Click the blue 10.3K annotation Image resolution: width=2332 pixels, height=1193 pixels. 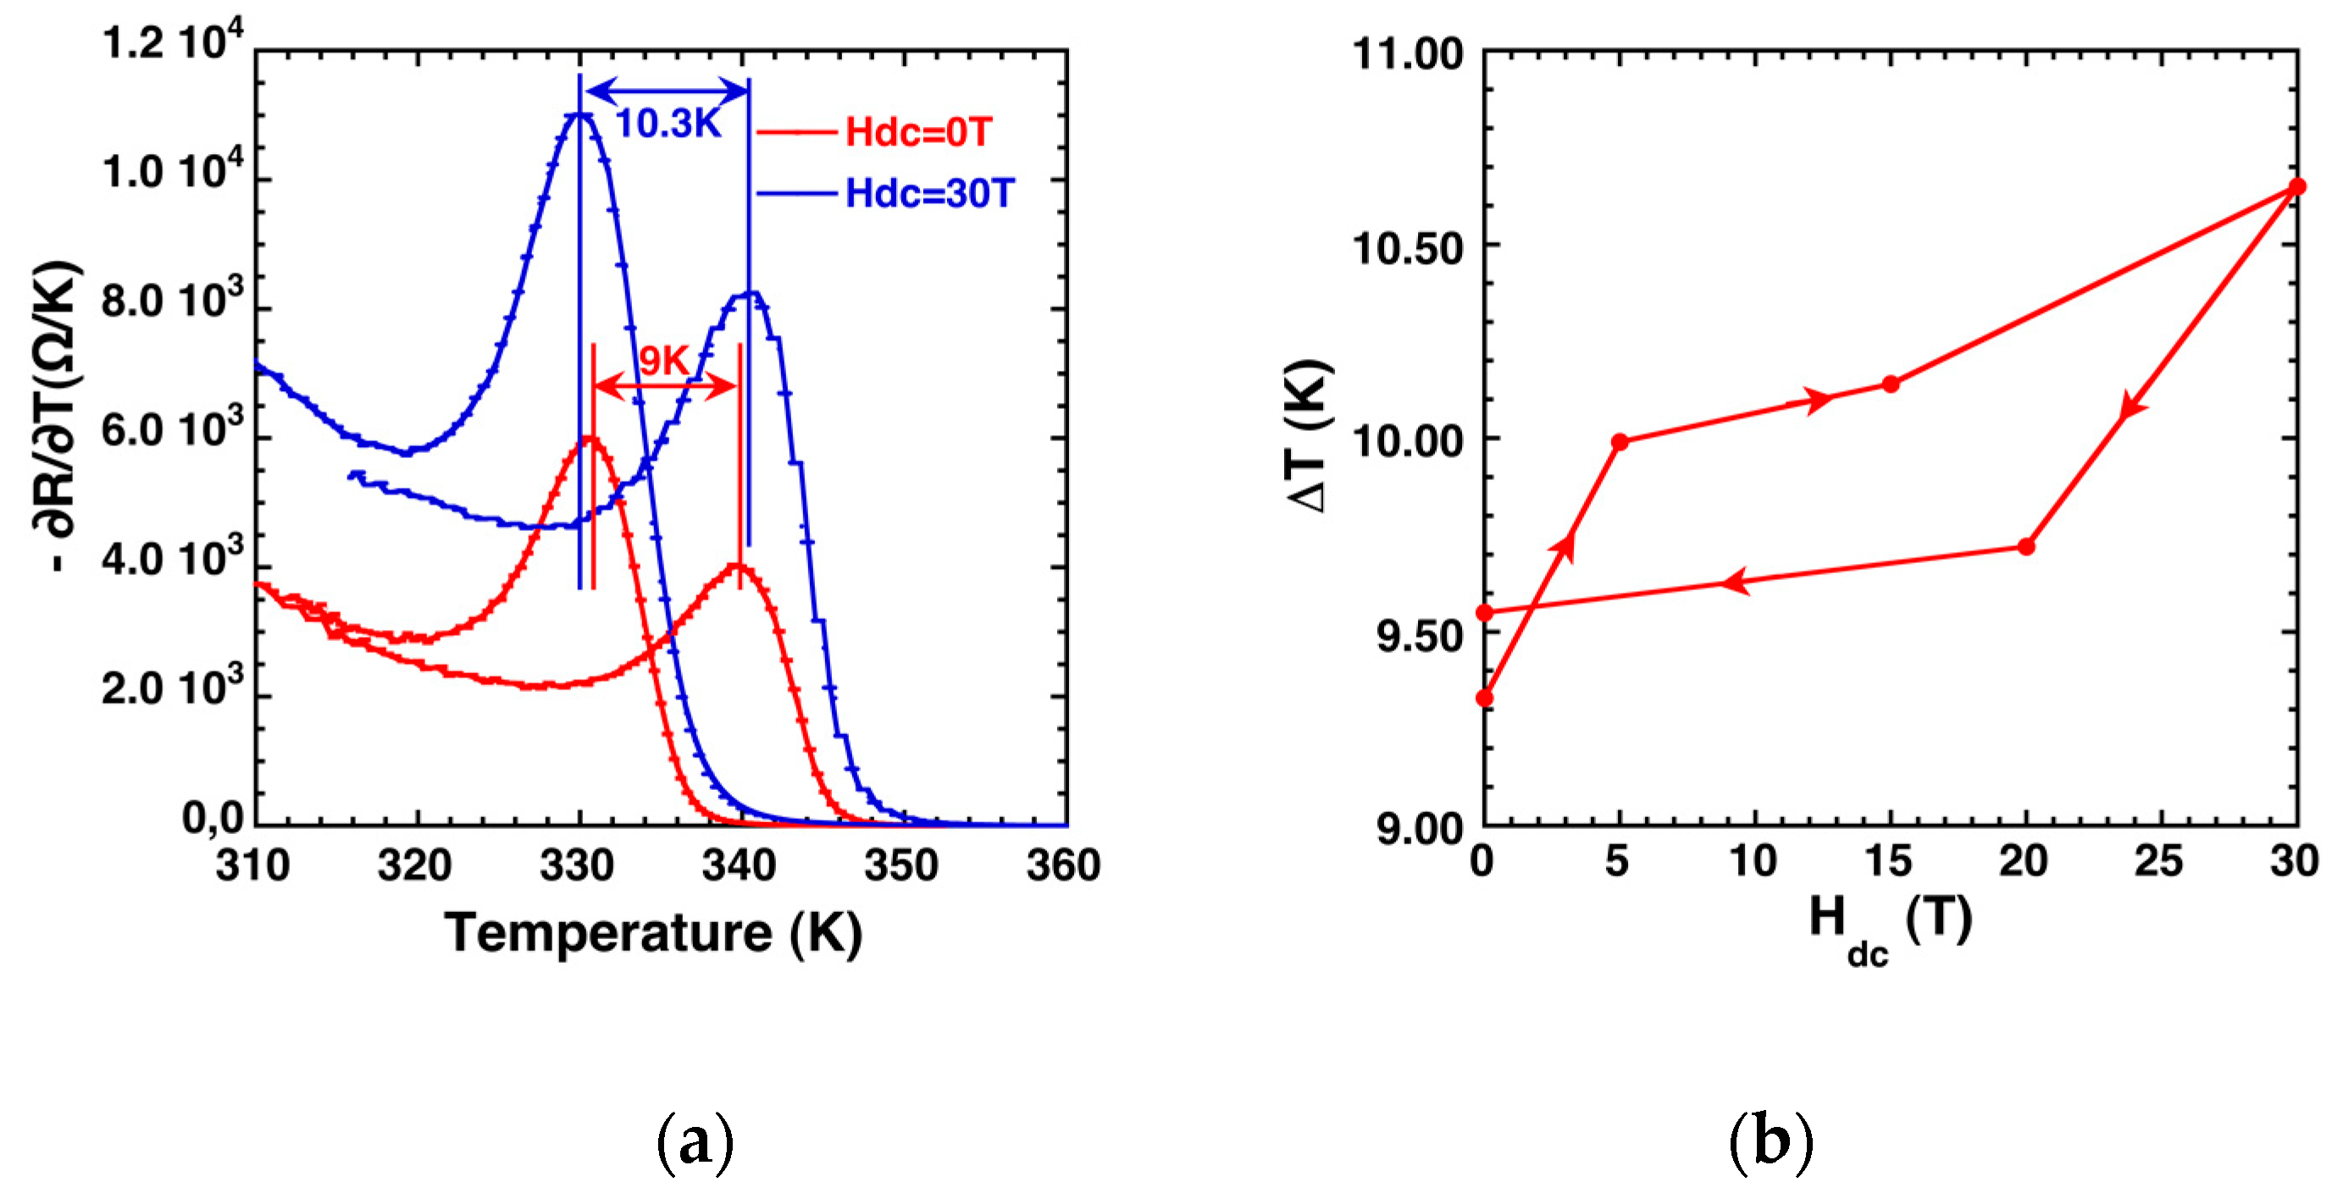coord(668,123)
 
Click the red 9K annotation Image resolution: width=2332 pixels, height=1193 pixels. coord(663,362)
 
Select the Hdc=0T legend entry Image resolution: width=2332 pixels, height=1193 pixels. coord(917,133)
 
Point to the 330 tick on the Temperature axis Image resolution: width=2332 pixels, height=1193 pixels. coord(578,865)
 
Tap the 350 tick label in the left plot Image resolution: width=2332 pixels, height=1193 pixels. coord(900,865)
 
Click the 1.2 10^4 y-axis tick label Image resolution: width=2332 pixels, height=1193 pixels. coord(172,42)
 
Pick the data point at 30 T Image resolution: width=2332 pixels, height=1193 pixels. coord(2296,187)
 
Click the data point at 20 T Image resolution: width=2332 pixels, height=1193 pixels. coord(2027,547)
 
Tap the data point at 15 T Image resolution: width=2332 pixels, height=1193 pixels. coord(1890,384)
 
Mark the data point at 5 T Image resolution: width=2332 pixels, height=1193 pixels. coord(1620,442)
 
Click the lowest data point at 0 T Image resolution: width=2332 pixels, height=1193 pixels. coord(1485,698)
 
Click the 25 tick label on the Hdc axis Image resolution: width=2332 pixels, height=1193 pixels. coord(2159,861)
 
